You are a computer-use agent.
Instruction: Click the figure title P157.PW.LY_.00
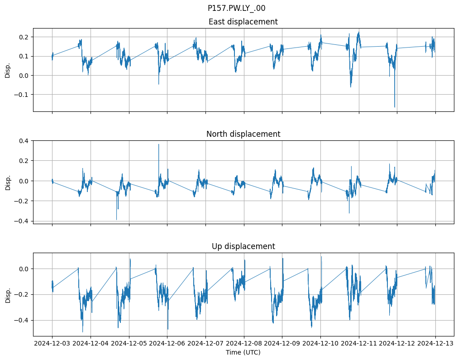point(236,8)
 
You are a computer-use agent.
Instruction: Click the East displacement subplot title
point(243,22)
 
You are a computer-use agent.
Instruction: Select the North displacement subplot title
point(243,134)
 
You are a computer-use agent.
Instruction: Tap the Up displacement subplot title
point(243,246)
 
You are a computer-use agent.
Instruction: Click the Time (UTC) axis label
point(243,352)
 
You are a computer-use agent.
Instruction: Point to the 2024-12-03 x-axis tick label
point(52,344)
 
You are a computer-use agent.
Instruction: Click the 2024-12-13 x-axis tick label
point(436,344)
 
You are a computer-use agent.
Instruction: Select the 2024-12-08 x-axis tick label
point(244,344)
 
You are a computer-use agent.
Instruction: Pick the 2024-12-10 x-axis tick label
point(321,344)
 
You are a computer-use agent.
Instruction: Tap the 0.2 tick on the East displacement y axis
point(24,37)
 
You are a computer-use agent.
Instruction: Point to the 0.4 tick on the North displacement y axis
point(24,141)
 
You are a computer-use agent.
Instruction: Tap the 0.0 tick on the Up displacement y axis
point(24,269)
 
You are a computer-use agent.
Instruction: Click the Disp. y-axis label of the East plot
point(8,70)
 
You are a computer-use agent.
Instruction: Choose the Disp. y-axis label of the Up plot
point(8,294)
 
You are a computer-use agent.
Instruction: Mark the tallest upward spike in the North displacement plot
point(158,144)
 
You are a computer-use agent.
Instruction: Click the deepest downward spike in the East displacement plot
point(395,107)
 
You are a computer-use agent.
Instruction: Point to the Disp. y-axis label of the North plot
point(8,182)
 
